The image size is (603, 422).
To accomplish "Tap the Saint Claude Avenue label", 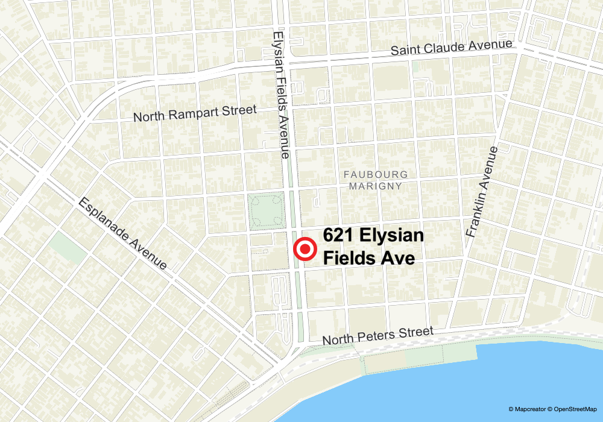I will coord(452,48).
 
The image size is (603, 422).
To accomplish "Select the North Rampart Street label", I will coord(195,113).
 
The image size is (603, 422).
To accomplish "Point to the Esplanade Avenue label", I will coord(122,233).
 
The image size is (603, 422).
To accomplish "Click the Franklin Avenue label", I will coord(482,191).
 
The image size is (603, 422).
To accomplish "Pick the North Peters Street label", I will coord(377,335).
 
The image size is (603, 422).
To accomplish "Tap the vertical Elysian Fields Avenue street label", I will coord(282,94).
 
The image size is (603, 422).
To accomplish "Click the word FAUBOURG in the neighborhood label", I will coord(376,174).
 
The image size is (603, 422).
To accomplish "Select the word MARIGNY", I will coord(375,186).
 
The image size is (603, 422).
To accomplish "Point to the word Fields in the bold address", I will coord(350,257).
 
